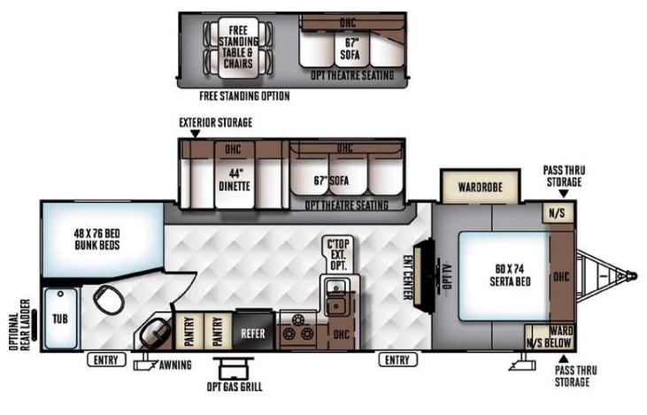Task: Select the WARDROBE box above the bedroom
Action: [480, 188]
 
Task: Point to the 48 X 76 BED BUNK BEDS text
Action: [97, 239]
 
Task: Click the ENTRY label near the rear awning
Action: [106, 359]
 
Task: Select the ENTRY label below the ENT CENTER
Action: [397, 359]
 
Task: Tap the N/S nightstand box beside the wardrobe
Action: [556, 212]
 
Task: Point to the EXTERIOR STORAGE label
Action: [215, 122]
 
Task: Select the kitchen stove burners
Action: [299, 329]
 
